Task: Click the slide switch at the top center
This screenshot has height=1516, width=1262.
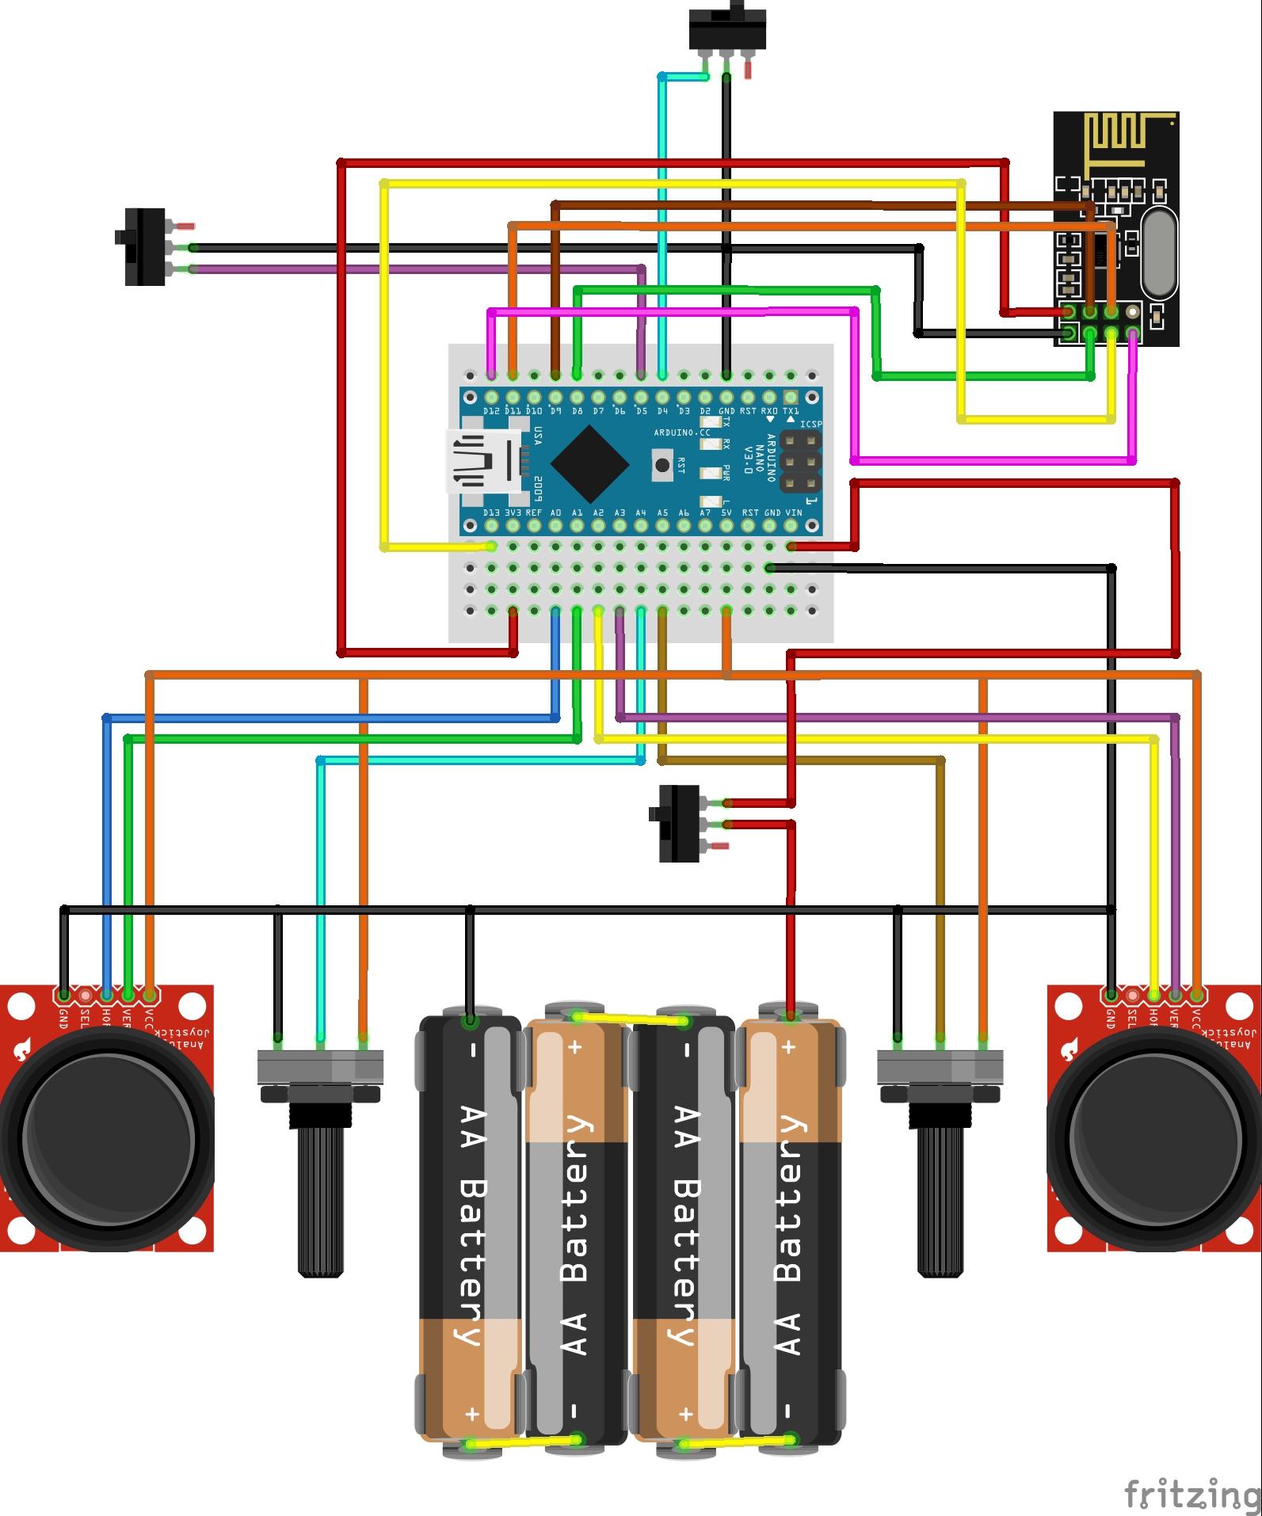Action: tap(726, 29)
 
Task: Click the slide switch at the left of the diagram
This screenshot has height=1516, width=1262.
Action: tap(146, 246)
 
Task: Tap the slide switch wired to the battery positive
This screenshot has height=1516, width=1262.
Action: tap(680, 823)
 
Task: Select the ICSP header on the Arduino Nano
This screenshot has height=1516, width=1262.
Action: tap(800, 461)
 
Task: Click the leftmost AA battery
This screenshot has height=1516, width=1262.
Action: tap(471, 1228)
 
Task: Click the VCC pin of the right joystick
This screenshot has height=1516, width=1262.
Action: tap(1197, 994)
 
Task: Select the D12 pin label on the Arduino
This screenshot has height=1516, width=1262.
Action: tap(491, 412)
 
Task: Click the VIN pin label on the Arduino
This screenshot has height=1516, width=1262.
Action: tap(791, 512)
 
